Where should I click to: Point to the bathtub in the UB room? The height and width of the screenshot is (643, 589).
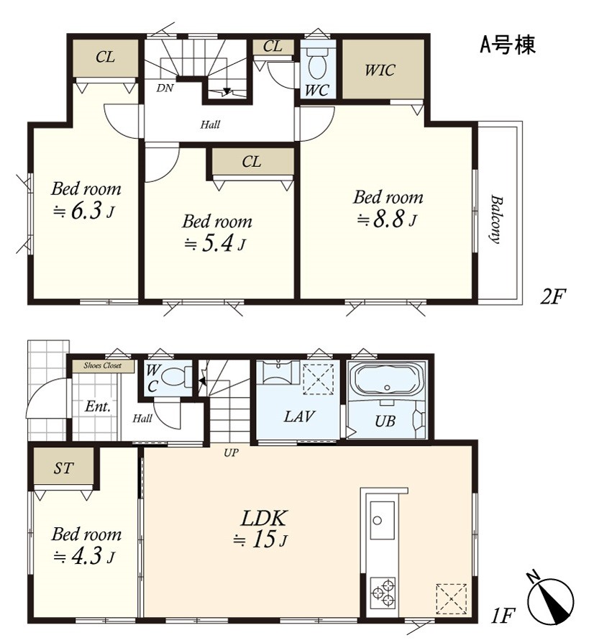[x=387, y=380]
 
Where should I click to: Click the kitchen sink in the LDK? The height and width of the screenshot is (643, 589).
[x=382, y=520]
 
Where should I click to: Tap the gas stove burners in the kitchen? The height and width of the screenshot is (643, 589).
[x=382, y=592]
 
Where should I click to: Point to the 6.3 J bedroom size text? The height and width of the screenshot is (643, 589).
[x=86, y=212]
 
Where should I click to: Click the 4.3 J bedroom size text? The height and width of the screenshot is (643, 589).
[x=86, y=556]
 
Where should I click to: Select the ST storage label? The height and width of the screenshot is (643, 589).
[x=63, y=468]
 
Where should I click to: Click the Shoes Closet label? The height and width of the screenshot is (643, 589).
[x=103, y=365]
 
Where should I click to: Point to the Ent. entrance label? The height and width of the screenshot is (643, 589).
[x=98, y=406]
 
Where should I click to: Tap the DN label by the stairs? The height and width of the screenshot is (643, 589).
[x=165, y=88]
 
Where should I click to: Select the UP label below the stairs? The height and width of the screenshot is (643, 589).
[x=231, y=453]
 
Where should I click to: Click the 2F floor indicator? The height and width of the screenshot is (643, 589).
[x=554, y=296]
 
